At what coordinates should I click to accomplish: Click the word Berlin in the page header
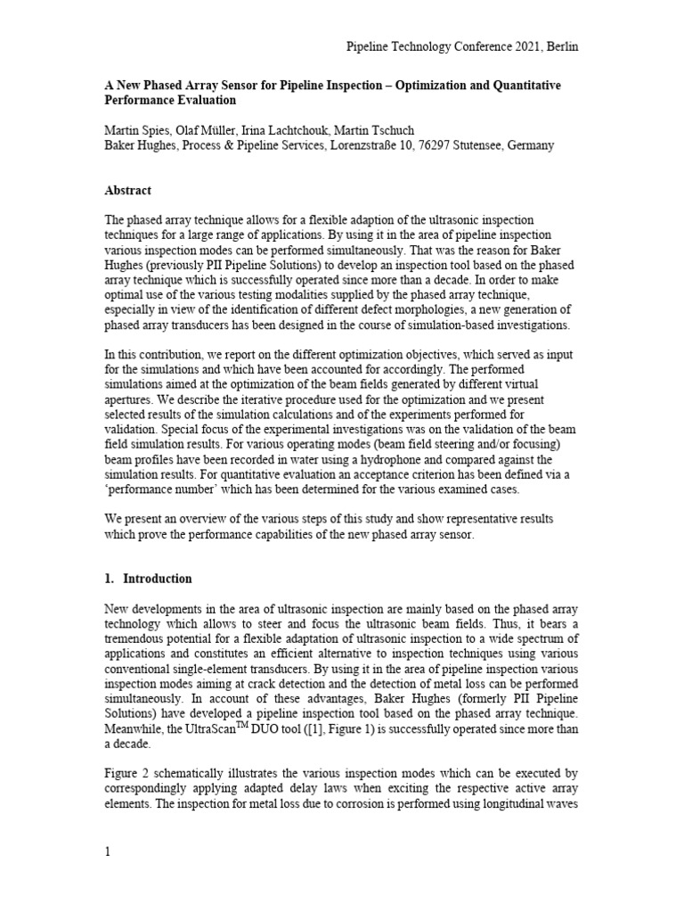coord(561,46)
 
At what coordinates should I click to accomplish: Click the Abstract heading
coord(127,191)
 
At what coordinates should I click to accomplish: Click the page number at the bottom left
coord(108,851)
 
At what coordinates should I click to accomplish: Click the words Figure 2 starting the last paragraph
coord(130,775)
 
